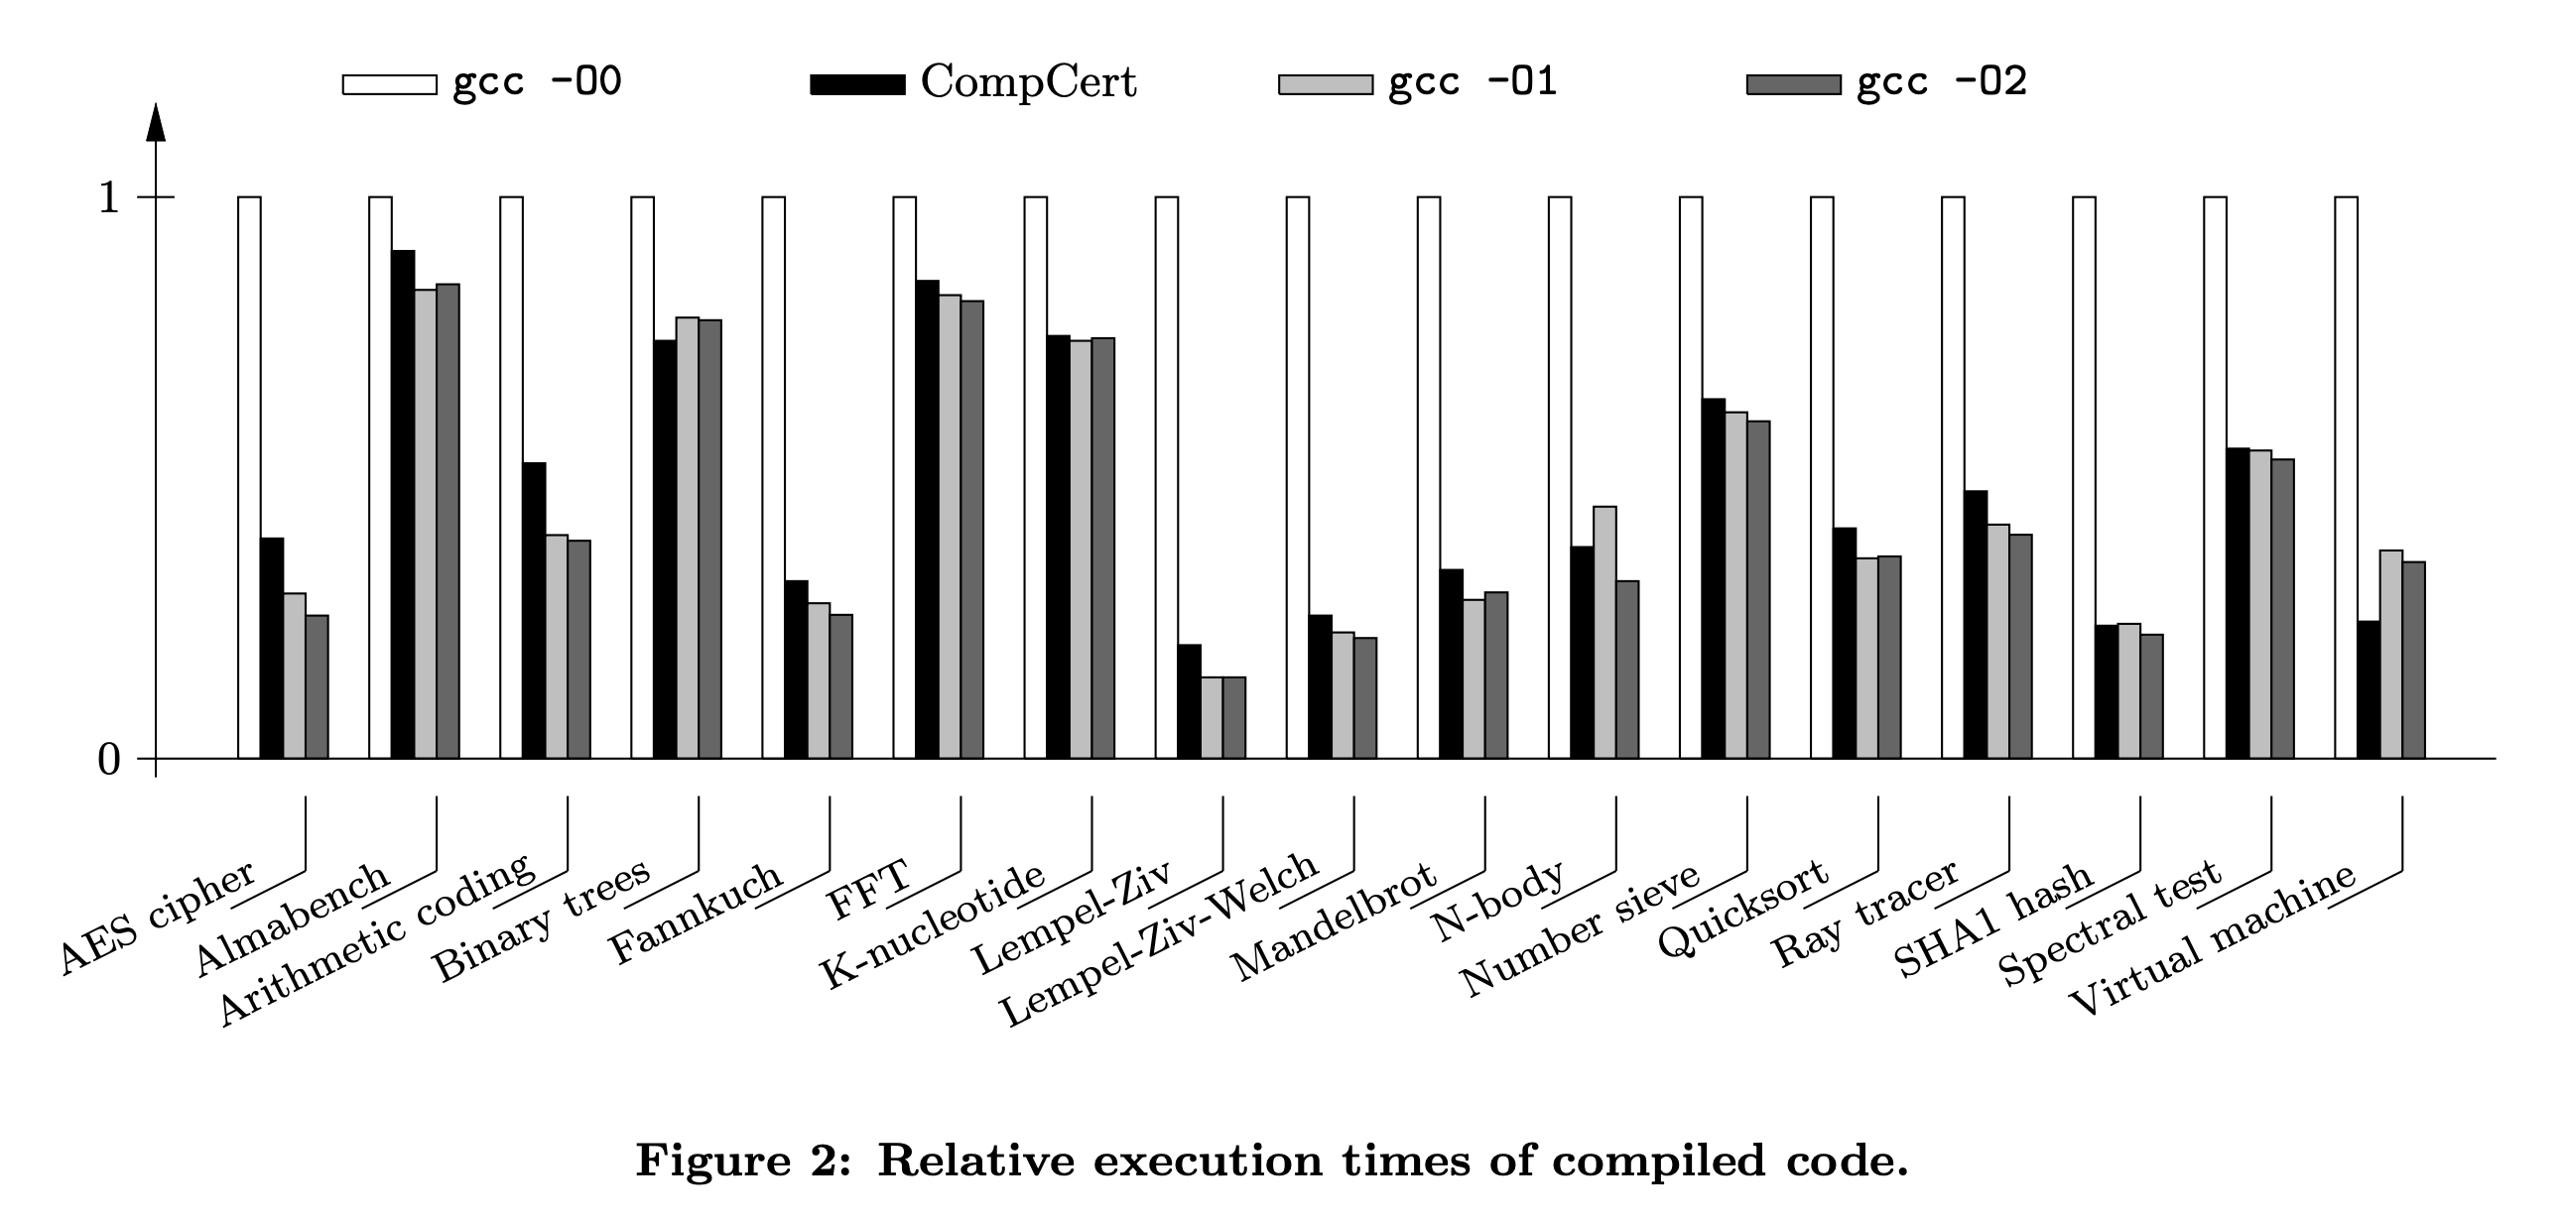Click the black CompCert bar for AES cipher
(x=272, y=648)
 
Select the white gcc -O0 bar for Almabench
(x=380, y=478)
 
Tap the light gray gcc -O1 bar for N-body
(x=1604, y=632)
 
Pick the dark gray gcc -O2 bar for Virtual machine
(x=2414, y=660)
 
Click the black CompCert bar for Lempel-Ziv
(x=1190, y=701)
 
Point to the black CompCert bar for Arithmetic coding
(x=534, y=610)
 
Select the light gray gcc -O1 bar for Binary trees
(x=688, y=538)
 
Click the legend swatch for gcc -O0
(x=389, y=84)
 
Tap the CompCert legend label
(x=1028, y=82)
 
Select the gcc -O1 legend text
(x=1473, y=82)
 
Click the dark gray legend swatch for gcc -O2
(x=1794, y=84)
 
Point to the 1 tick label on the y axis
(x=108, y=198)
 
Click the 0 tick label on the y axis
(x=108, y=760)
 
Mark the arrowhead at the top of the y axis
(x=155, y=124)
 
